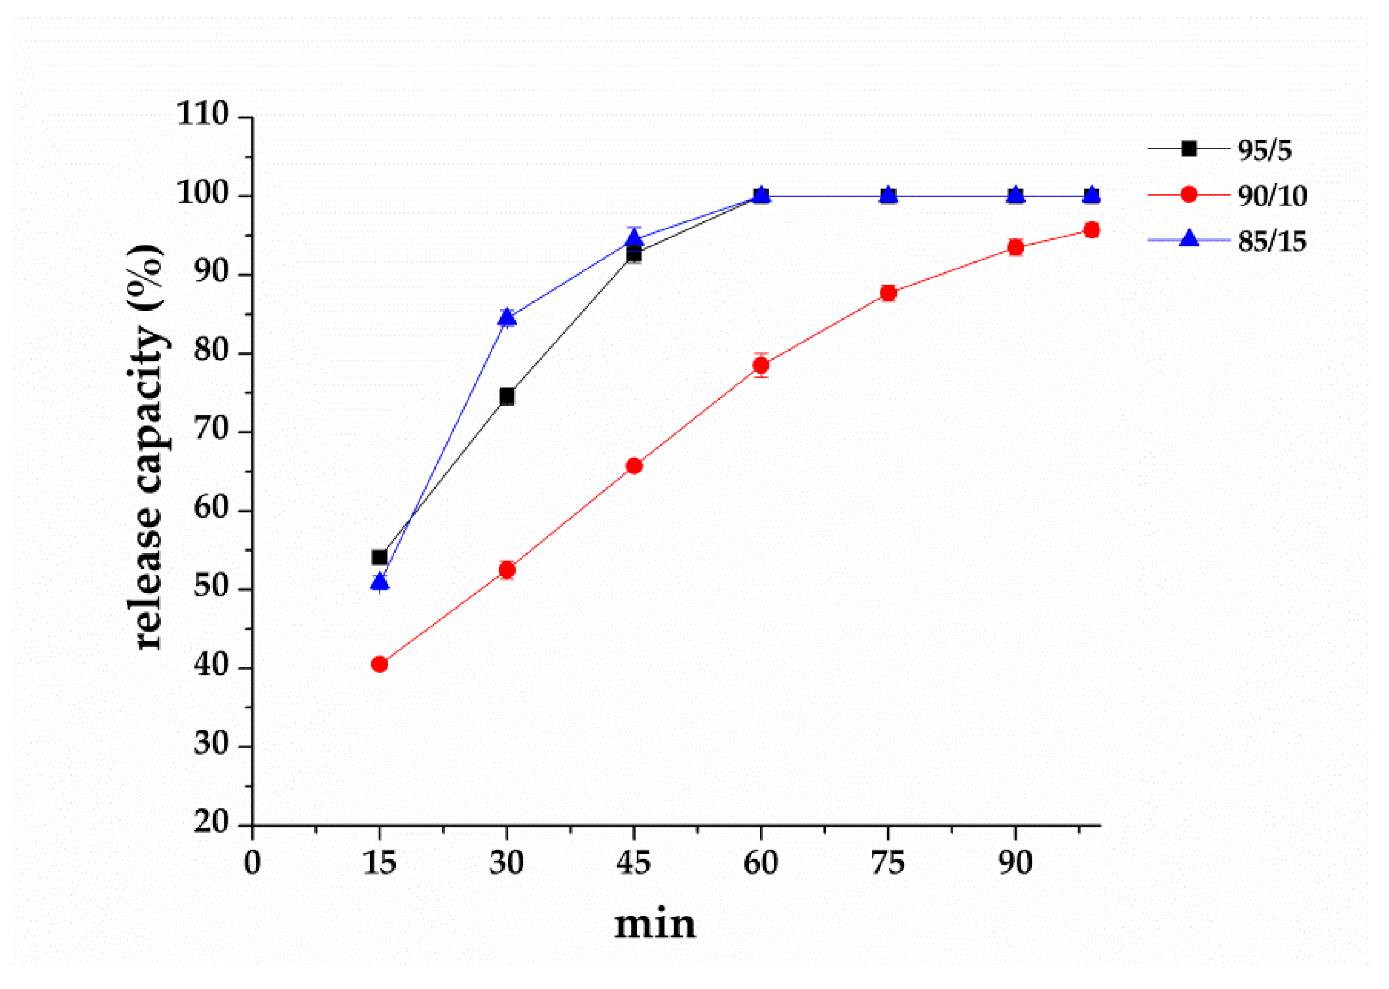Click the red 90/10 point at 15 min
(379, 664)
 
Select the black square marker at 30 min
(507, 397)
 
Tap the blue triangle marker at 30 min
(507, 318)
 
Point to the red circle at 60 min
(761, 365)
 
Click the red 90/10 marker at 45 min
(634, 466)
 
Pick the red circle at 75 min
(888, 293)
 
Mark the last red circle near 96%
(1092, 230)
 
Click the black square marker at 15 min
(379, 557)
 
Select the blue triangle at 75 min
(888, 196)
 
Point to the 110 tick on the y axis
(202, 114)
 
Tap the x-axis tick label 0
(252, 863)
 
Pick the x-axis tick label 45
(634, 863)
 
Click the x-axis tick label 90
(1015, 863)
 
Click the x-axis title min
(655, 924)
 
